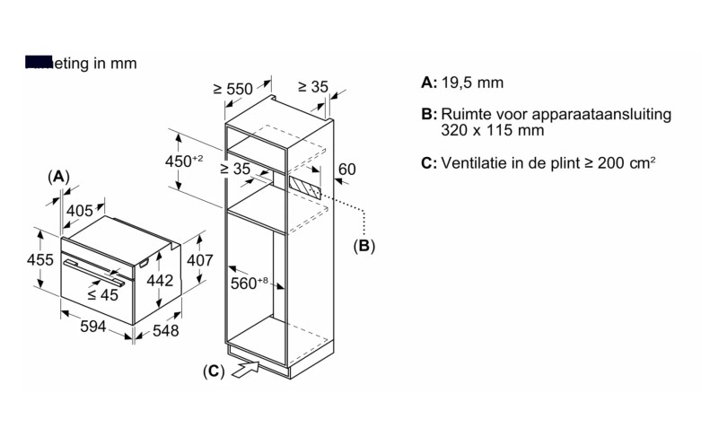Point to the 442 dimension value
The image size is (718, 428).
(159, 280)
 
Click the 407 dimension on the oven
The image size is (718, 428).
(199, 260)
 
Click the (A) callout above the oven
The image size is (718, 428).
(58, 177)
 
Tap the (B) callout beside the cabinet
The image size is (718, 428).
(363, 245)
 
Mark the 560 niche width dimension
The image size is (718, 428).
(251, 284)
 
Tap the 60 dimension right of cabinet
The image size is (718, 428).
(347, 169)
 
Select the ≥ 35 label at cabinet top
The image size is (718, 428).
(313, 87)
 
